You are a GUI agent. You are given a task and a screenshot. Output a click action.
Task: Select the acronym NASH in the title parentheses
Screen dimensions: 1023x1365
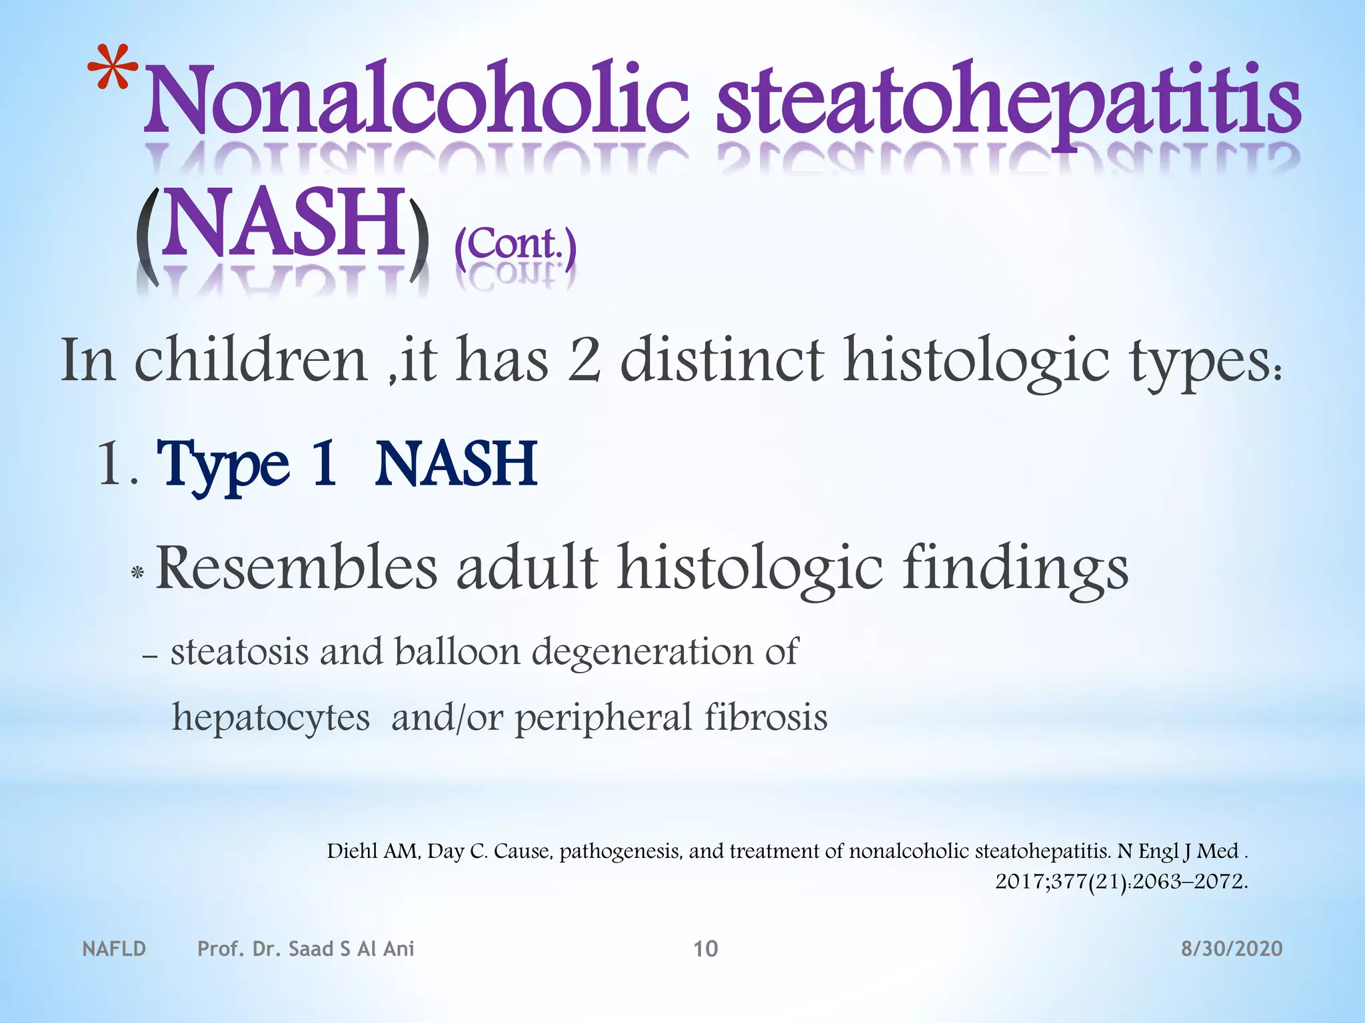pos(283,224)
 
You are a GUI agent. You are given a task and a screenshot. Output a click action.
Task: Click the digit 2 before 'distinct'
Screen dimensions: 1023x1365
pos(584,360)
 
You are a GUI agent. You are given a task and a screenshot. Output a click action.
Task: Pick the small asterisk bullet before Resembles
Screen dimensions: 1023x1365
pos(137,572)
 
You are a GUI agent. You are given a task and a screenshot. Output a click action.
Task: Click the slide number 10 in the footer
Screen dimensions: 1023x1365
pos(705,948)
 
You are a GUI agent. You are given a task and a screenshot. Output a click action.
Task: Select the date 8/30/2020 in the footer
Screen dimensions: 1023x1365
pos(1232,948)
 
